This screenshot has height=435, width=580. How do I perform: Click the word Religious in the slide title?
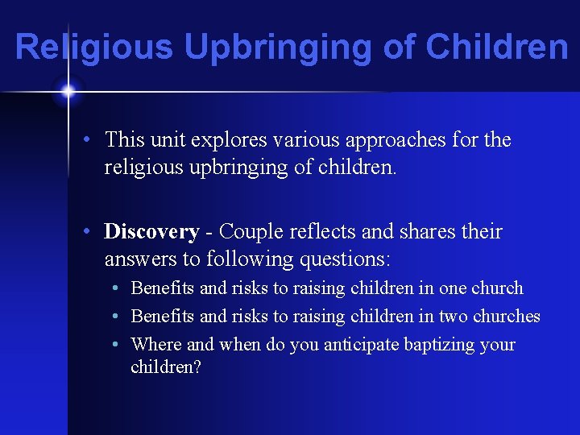tap(93, 47)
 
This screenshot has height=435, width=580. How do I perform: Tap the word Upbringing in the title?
tap(278, 47)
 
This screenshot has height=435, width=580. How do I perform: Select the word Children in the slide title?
tap(497, 47)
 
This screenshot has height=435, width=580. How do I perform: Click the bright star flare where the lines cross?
tap(68, 92)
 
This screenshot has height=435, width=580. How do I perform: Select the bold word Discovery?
tap(151, 232)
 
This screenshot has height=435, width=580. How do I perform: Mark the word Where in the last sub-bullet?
tap(156, 345)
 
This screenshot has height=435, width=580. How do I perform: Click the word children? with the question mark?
tap(166, 367)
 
